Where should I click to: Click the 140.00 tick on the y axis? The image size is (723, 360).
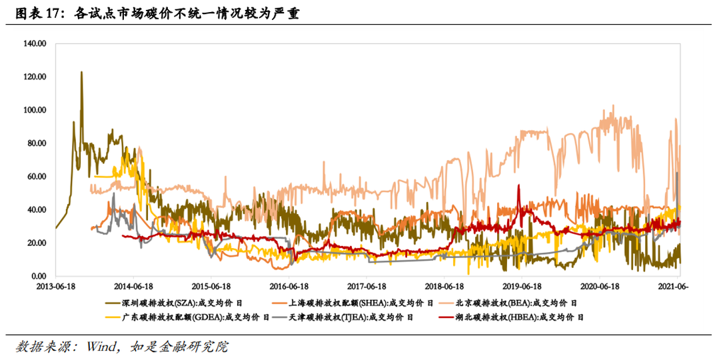pos(33,43)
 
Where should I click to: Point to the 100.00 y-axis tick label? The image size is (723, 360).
pos(33,110)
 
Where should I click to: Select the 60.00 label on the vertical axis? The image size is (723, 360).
pos(35,177)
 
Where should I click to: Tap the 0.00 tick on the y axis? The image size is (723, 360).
pos(37,276)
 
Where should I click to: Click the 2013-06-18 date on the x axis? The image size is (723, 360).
pos(55,285)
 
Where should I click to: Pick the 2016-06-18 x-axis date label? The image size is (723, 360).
pos(289,285)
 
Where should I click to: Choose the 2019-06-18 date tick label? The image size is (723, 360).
pos(522,285)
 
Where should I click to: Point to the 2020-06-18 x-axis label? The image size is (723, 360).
pos(600,285)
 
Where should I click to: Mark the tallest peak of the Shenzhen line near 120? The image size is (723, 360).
pos(81,72)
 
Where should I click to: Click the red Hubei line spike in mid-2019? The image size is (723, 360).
pos(518,186)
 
